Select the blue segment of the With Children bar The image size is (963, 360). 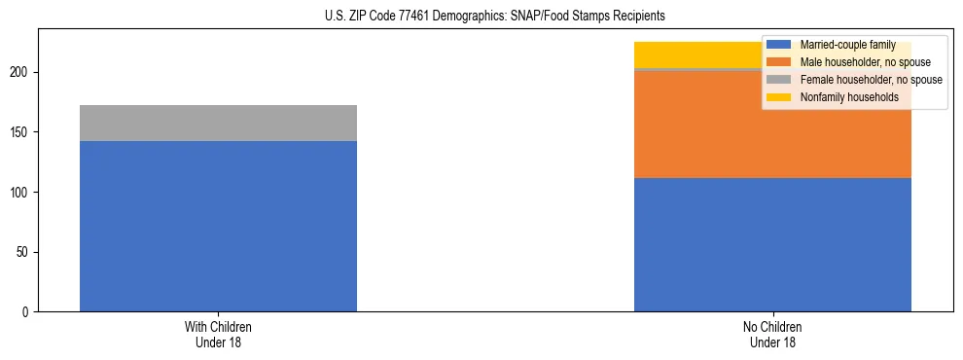pos(218,226)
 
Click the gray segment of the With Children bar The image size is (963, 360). pos(218,123)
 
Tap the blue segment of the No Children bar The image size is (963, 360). pos(772,244)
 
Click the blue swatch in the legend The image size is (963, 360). pos(779,45)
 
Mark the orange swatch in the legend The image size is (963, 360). pos(779,62)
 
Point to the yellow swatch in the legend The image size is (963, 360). pos(779,97)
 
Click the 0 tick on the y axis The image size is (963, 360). pos(29,312)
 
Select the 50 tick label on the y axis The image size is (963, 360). pos(26,252)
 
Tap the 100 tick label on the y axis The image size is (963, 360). pos(23,193)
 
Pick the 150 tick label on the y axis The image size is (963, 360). pos(23,132)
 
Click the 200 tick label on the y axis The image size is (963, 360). pos(23,73)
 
